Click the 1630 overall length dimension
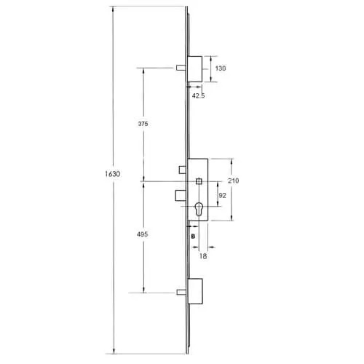pos(111,174)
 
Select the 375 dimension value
pos(143,124)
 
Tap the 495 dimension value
pos(143,234)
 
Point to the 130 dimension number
pos(221,68)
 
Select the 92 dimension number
pos(222,195)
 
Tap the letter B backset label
pos(193,237)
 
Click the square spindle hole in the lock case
pos(199,181)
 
